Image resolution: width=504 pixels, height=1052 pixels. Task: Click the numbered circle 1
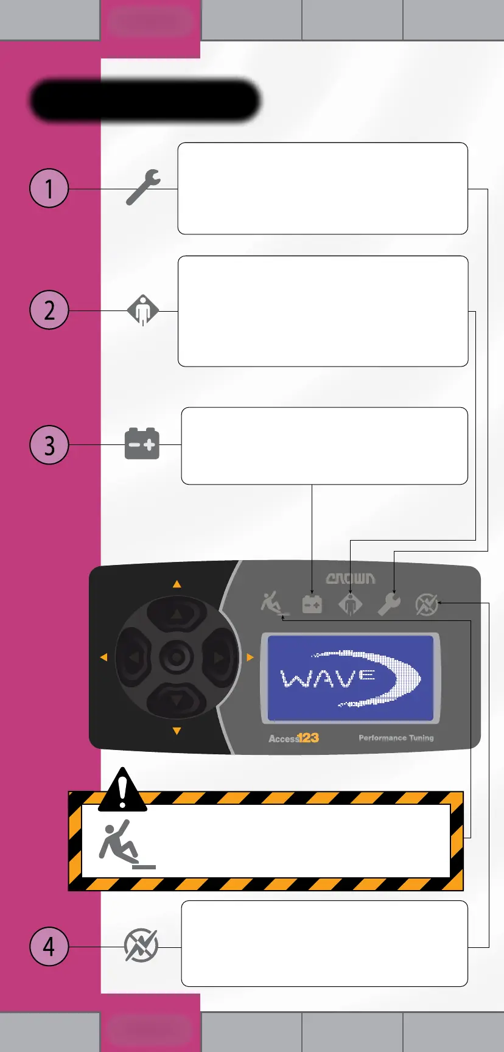pyautogui.click(x=49, y=188)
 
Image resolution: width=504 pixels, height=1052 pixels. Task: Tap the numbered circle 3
pyautogui.click(x=49, y=445)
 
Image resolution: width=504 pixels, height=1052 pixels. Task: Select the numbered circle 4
pyautogui.click(x=49, y=947)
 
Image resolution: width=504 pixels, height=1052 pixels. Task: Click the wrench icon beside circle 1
pyautogui.click(x=143, y=188)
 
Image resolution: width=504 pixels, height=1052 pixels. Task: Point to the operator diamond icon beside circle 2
pyautogui.click(x=142, y=310)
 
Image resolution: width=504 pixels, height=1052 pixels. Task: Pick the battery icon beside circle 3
pyautogui.click(x=142, y=444)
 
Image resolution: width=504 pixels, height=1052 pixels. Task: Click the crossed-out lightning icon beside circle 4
pyautogui.click(x=141, y=946)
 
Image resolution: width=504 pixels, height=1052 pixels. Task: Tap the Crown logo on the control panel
pyautogui.click(x=351, y=578)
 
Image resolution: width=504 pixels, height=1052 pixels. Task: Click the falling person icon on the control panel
pyautogui.click(x=272, y=604)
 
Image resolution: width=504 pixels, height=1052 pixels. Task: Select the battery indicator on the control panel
pyautogui.click(x=312, y=605)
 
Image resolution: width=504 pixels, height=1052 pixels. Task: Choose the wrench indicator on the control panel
pyautogui.click(x=389, y=605)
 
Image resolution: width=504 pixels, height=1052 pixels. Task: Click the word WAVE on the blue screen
pyautogui.click(x=327, y=677)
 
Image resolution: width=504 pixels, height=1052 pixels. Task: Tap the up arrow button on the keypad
pyautogui.click(x=177, y=614)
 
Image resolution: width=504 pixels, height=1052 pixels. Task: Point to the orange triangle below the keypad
pyautogui.click(x=177, y=731)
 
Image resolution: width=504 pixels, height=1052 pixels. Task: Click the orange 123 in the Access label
pyautogui.click(x=308, y=738)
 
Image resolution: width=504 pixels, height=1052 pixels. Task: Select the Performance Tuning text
pyautogui.click(x=396, y=738)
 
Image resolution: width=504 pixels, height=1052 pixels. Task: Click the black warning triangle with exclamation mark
pyautogui.click(x=122, y=791)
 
